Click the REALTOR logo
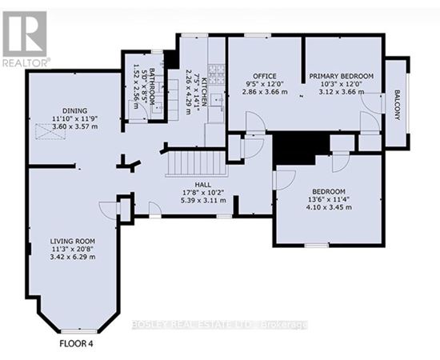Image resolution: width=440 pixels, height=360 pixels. point(25,38)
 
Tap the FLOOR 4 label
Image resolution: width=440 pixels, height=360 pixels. point(76,343)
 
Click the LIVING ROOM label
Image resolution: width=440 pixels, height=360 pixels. point(73,241)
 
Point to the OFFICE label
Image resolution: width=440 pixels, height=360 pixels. point(265,76)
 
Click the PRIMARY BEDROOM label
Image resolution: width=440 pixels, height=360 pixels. point(342,76)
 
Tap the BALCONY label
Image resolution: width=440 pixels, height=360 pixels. point(397,105)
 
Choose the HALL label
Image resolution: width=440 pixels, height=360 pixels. point(203,185)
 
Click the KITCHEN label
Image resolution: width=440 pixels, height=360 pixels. point(204,90)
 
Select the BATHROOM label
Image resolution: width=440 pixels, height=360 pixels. point(152,86)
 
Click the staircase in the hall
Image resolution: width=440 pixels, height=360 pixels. point(197,163)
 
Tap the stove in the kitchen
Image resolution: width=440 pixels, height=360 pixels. point(216,74)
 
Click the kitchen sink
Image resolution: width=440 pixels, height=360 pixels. point(217,100)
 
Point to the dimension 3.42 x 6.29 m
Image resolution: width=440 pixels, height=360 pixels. point(73,257)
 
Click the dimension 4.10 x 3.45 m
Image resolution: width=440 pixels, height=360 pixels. point(329,207)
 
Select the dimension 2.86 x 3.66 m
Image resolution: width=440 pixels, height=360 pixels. point(265,92)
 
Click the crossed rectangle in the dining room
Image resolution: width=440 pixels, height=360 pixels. point(50,131)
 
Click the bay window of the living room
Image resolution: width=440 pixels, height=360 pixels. point(79,331)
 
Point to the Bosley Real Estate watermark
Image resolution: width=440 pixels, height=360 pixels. point(219,325)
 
